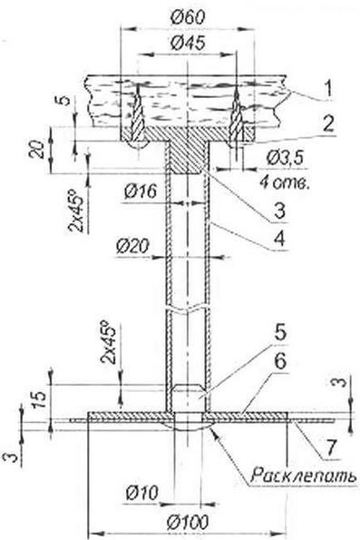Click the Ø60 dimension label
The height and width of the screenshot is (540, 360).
(x=188, y=17)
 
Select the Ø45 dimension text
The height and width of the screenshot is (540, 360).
(x=188, y=43)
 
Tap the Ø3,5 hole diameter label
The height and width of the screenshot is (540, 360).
(x=286, y=159)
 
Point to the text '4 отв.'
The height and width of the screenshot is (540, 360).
(x=285, y=182)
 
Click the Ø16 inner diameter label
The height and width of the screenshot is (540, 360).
(x=141, y=191)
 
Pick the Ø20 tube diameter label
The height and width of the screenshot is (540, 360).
(x=133, y=247)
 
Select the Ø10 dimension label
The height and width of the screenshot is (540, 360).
(x=142, y=493)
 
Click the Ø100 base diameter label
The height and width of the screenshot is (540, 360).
(x=188, y=523)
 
